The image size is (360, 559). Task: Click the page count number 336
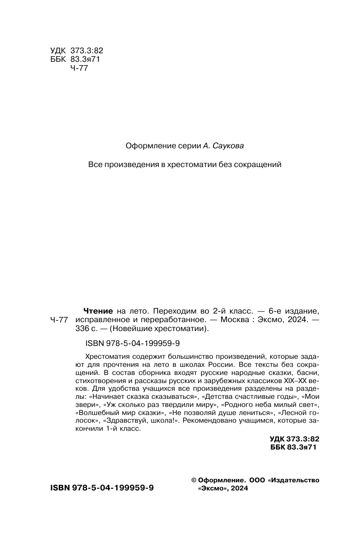[81, 328]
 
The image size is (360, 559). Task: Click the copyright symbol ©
[194, 480]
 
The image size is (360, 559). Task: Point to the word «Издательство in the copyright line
[294, 480]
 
